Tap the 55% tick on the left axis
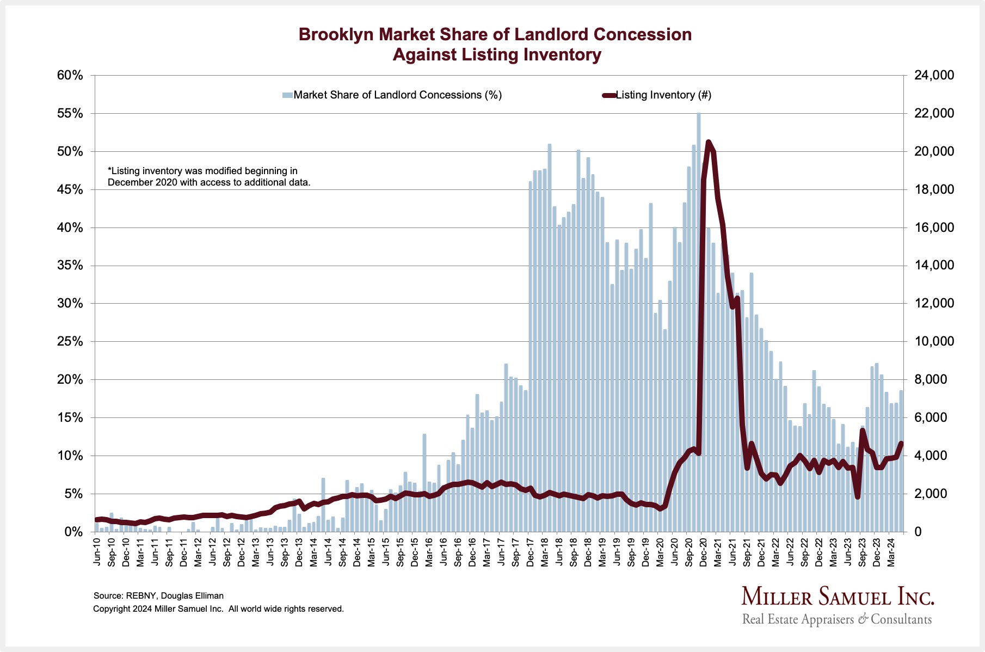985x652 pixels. [x=70, y=114]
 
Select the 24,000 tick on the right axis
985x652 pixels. [x=934, y=75]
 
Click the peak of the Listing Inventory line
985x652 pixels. [x=708, y=142]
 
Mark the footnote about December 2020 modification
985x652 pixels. [x=209, y=177]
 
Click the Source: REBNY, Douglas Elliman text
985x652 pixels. [x=158, y=596]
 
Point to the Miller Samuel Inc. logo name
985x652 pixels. [x=838, y=597]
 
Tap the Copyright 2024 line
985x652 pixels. [x=218, y=609]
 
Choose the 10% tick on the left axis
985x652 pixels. [x=70, y=456]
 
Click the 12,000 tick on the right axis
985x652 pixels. [x=934, y=304]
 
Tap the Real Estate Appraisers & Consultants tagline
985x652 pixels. [x=837, y=619]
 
